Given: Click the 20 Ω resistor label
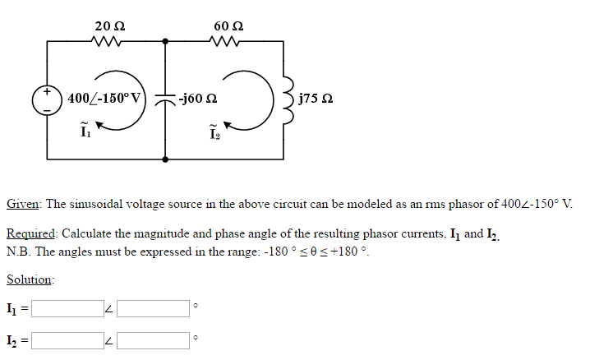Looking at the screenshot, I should (x=108, y=25).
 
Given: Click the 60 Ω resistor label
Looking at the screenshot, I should (x=228, y=25).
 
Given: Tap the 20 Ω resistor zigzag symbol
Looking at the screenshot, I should (x=108, y=40).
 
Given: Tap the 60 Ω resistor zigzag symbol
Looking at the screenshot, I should (x=228, y=40).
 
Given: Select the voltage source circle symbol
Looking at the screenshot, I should (x=47, y=99).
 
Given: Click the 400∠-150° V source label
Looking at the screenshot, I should (x=104, y=99).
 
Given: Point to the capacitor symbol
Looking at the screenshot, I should (x=166, y=99).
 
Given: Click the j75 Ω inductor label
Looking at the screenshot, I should (x=316, y=99).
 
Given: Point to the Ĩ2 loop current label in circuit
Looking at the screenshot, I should (x=214, y=130).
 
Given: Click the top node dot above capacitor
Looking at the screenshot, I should (x=166, y=40).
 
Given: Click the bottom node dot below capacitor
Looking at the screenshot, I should (x=166, y=159).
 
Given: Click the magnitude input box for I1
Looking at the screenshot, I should (x=67, y=308).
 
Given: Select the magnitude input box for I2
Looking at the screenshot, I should (x=67, y=338).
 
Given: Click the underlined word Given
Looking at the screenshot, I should (x=24, y=203).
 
